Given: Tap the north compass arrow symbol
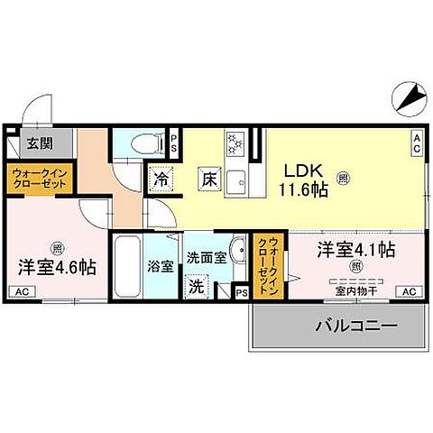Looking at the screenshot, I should (405, 94).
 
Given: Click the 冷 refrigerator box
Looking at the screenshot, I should (162, 178).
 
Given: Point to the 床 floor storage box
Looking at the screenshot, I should (207, 178).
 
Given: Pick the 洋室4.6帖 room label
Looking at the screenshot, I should (57, 267).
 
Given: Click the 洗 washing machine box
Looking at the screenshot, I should (197, 287).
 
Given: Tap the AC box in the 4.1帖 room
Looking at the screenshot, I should (409, 290).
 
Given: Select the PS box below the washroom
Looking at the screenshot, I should (241, 291).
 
